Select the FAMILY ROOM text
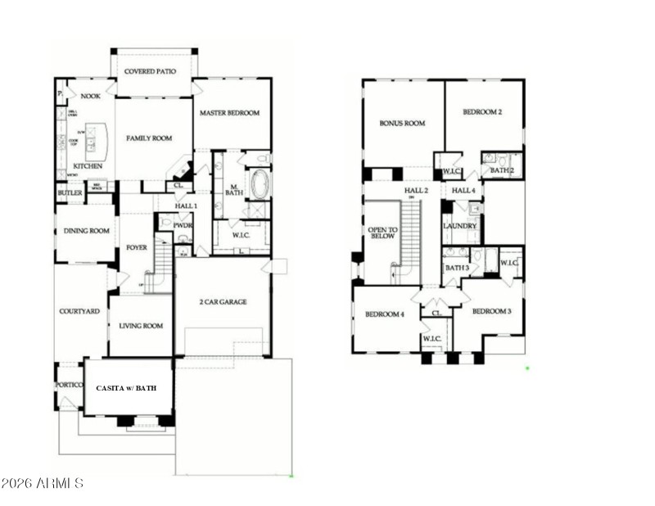(x=149, y=138)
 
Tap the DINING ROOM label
(x=86, y=231)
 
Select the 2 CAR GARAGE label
(x=223, y=301)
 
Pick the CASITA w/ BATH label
(x=129, y=387)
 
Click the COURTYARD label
(x=79, y=311)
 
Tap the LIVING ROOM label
(x=141, y=326)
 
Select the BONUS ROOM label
(x=402, y=124)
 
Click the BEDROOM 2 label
(x=481, y=112)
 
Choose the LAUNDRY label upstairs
(x=459, y=226)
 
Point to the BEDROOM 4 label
(x=385, y=314)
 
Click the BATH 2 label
(x=501, y=170)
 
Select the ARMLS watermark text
(x=43, y=483)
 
